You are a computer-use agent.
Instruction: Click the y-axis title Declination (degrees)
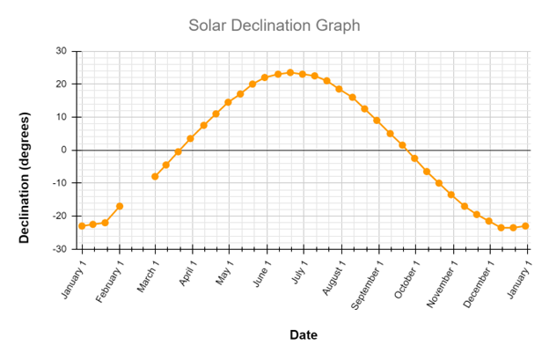25,178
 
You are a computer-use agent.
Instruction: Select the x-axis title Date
304,335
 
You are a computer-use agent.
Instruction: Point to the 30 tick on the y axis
62,51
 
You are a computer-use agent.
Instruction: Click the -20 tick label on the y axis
60,216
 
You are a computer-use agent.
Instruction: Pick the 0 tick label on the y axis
65,150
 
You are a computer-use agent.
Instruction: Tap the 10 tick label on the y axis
62,117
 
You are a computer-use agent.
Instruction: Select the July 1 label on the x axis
297,276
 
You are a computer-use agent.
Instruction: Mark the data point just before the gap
120,206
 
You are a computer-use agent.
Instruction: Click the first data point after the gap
155,176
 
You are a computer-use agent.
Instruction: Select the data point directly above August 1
340,89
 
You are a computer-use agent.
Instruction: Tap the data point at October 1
414,158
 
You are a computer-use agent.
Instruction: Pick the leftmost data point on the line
82,226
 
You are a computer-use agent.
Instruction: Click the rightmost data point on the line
525,226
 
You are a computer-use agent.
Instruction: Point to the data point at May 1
228,102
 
